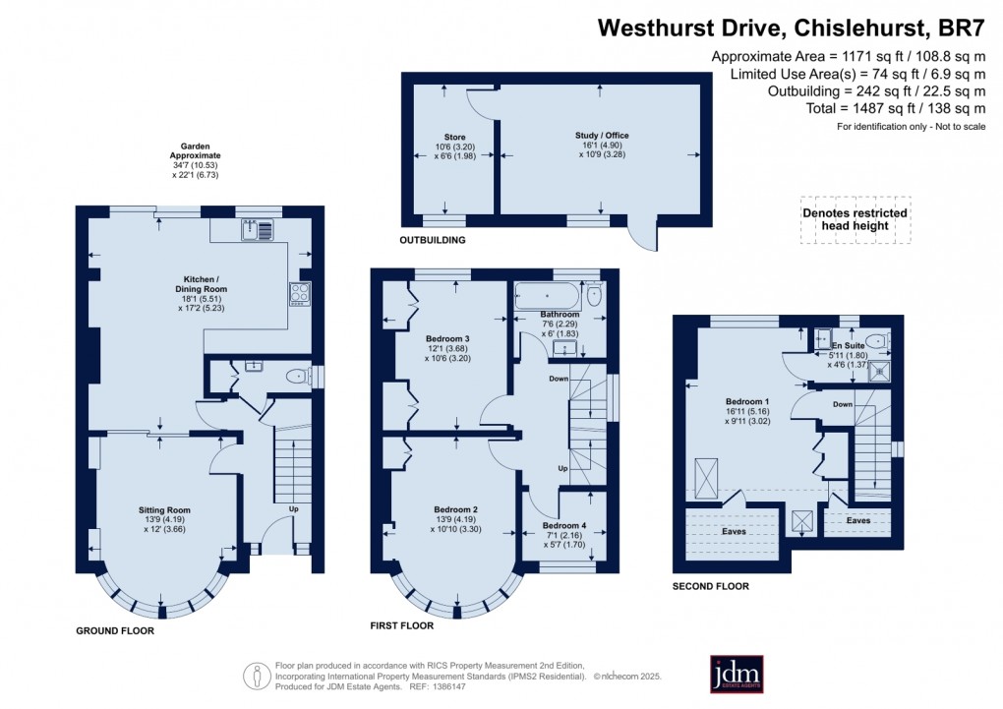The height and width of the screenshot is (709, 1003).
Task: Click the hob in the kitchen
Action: [x=298, y=294]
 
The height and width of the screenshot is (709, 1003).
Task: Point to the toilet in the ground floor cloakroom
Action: [x=295, y=376]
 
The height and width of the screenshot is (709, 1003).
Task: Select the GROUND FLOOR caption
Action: [x=115, y=630]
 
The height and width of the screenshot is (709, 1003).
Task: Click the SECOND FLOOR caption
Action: [x=711, y=586]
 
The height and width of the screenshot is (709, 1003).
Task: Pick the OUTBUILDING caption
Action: [x=432, y=240]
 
